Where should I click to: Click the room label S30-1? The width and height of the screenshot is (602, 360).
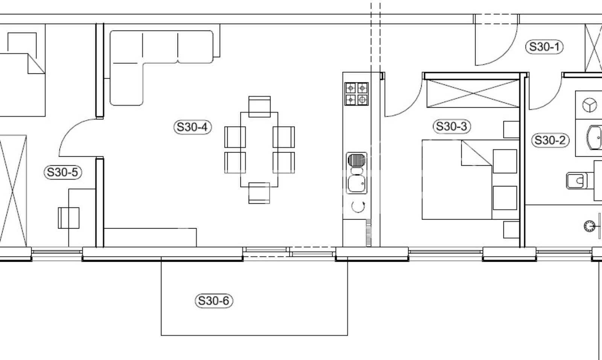point(544,47)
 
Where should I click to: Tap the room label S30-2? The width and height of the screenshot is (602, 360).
point(550,140)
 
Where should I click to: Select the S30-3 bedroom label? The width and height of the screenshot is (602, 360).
point(452,126)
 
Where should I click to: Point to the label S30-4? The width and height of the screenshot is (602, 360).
point(192,127)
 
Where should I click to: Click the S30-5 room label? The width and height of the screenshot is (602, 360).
point(62,172)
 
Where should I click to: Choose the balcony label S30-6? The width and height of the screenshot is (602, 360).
point(214,301)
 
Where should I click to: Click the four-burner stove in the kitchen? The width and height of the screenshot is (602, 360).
point(356,94)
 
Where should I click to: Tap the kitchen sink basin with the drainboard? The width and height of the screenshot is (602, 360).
point(357,173)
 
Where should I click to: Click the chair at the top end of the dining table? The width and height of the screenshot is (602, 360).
point(259,107)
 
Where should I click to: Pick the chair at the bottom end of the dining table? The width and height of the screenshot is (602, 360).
point(259,193)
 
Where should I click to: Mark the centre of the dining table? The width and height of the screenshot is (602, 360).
point(259,149)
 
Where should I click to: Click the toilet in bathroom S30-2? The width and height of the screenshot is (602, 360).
point(576,181)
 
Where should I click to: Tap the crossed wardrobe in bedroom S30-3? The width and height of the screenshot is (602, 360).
point(473,93)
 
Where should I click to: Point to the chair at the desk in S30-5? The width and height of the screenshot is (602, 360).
point(68,218)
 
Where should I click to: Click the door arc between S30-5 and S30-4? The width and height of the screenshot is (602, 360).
point(70,129)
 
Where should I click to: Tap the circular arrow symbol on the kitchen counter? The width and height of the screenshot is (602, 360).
point(358,207)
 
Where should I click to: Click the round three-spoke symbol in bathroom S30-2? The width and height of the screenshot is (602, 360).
point(590,105)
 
